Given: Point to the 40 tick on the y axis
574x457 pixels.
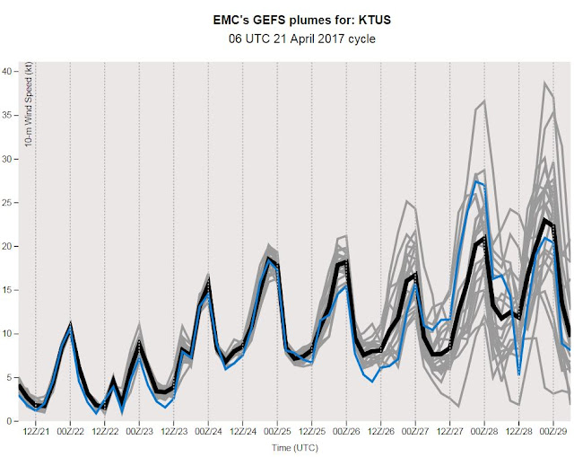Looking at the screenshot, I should click(8, 72).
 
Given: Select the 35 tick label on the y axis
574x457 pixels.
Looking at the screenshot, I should click(8, 116).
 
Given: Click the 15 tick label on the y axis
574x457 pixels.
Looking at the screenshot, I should click(8, 290).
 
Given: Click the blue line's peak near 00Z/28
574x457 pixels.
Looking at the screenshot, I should click(477, 182).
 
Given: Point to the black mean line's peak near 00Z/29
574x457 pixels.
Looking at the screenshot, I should click(545, 219).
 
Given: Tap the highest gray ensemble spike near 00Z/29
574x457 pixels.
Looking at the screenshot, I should click(544, 83).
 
